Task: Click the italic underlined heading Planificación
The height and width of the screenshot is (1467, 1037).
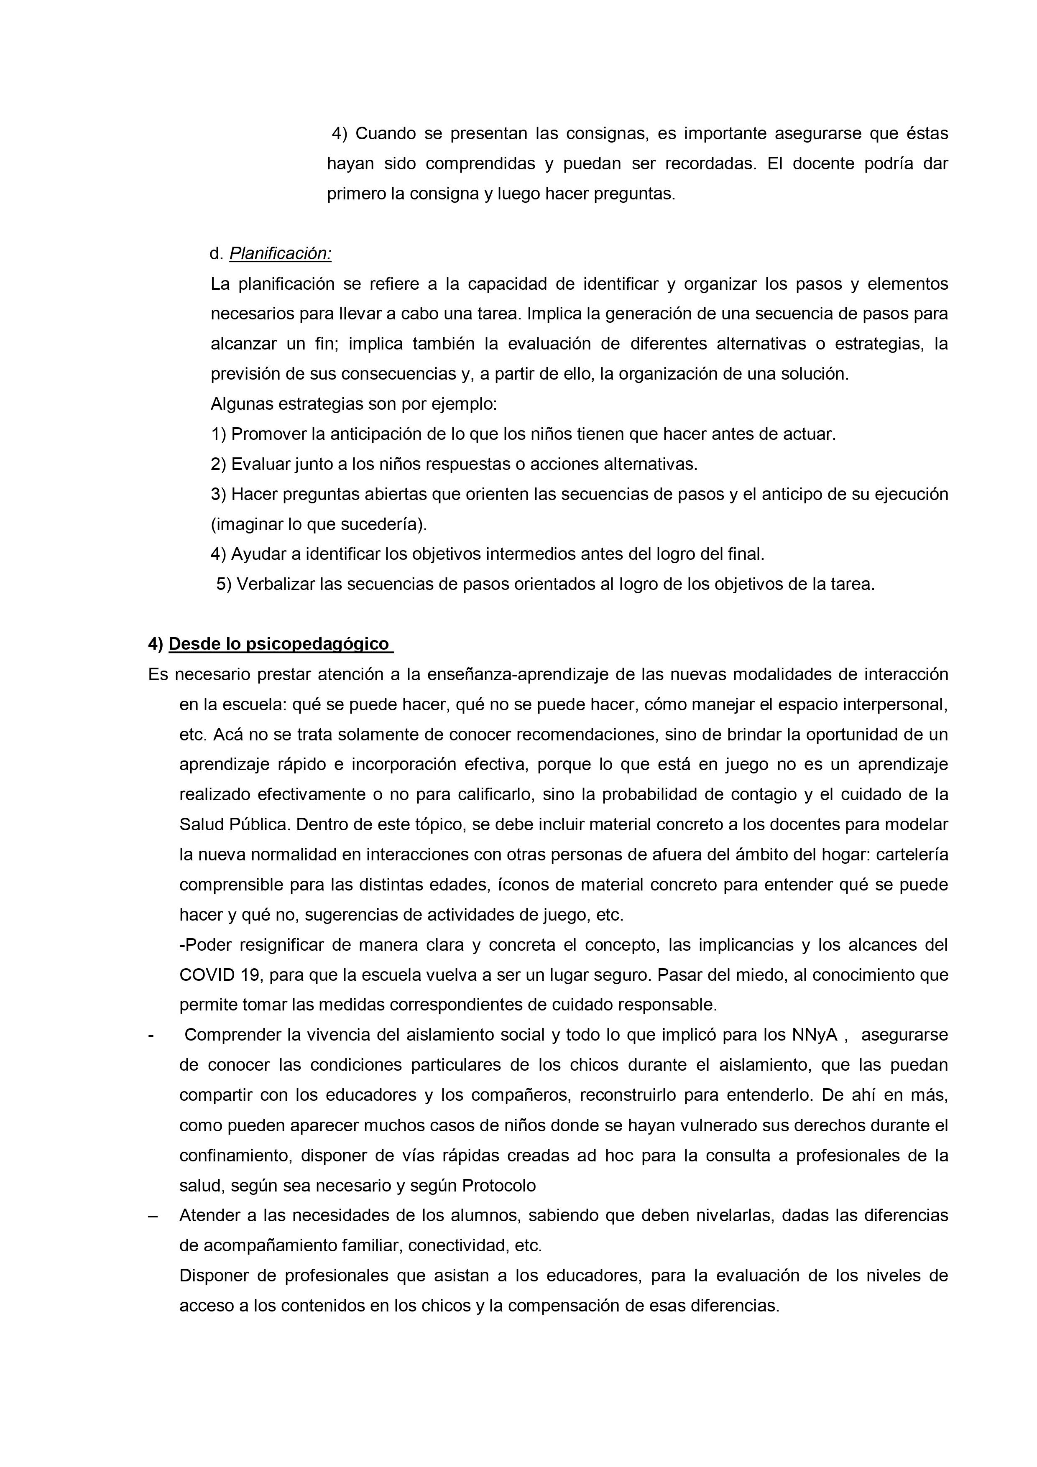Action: click(x=281, y=254)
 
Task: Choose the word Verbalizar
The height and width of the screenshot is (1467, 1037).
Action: click(x=276, y=584)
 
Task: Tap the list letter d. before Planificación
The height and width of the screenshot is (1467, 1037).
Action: click(x=216, y=254)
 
